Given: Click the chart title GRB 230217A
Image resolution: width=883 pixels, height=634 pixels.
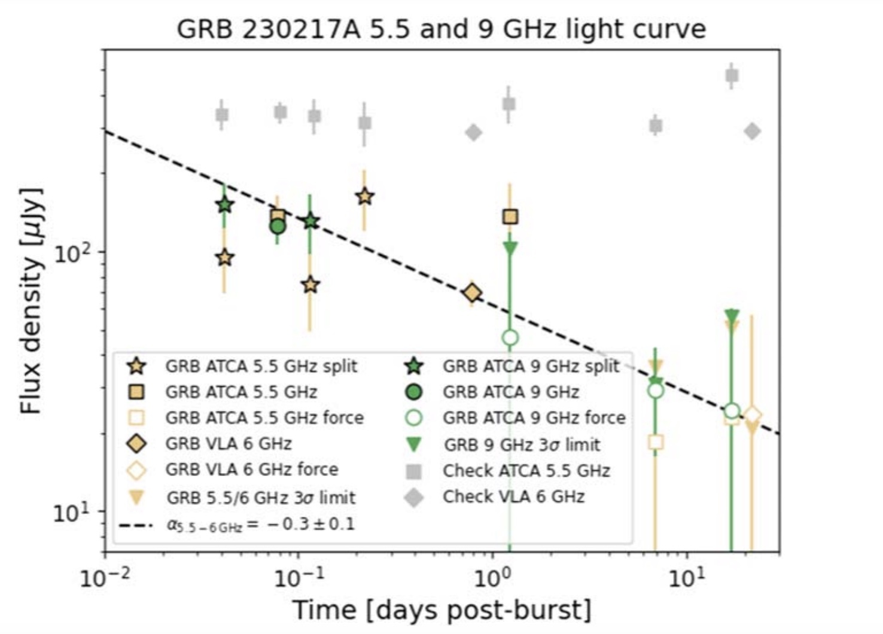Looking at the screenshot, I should pyautogui.click(x=441, y=29).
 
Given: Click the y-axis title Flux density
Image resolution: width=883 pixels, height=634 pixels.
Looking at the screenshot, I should pyautogui.click(x=31, y=301).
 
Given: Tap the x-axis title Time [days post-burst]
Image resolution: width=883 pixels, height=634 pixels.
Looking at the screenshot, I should pyautogui.click(x=441, y=609).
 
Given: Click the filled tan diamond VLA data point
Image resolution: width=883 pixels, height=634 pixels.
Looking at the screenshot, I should pyautogui.click(x=473, y=292).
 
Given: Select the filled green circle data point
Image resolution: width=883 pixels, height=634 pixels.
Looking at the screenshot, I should pyautogui.click(x=277, y=226).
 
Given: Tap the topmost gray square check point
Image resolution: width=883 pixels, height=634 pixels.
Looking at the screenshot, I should pyautogui.click(x=731, y=75).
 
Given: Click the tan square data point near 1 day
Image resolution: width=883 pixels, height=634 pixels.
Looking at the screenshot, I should pyautogui.click(x=510, y=217).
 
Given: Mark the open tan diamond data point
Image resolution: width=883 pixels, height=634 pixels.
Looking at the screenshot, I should pyautogui.click(x=753, y=414).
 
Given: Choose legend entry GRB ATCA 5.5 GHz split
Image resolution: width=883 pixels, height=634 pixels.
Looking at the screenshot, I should pyautogui.click(x=261, y=366).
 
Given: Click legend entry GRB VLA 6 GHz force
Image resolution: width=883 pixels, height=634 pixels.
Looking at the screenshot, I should pyautogui.click(x=251, y=470).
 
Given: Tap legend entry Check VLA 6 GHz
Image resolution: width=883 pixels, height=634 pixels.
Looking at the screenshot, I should pyautogui.click(x=513, y=496).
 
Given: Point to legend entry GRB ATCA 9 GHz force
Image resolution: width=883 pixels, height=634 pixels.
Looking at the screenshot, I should pyautogui.click(x=534, y=417).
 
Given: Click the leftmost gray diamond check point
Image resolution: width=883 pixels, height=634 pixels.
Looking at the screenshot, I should pyautogui.click(x=473, y=132).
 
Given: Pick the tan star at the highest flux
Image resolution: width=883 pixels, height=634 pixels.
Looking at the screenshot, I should pyautogui.click(x=364, y=196).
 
